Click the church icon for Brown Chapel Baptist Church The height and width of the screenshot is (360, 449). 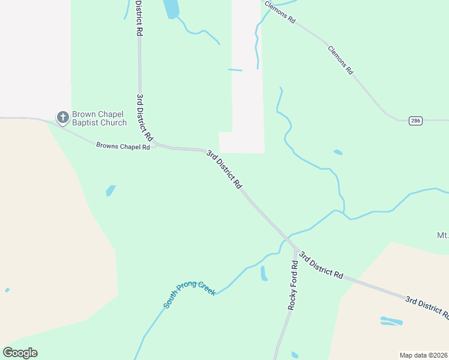[63, 118]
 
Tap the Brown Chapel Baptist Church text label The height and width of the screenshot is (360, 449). [99, 118]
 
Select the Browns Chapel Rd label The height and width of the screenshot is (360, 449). [123, 146]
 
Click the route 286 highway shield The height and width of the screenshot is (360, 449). [415, 121]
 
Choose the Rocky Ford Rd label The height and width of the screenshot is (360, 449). [293, 285]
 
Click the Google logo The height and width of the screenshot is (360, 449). [20, 353]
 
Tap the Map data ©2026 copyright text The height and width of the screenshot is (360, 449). [423, 355]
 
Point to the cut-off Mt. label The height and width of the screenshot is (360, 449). [443, 234]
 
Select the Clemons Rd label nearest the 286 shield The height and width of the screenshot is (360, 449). [340, 59]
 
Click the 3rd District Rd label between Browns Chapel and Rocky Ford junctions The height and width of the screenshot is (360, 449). [224, 170]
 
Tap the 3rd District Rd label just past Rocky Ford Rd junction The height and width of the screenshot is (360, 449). [321, 265]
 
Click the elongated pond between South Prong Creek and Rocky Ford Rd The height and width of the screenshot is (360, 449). [264, 274]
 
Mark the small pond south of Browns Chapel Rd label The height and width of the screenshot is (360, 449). [110, 191]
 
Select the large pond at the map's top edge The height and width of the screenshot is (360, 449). [171, 8]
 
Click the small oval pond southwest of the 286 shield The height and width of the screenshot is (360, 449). [338, 152]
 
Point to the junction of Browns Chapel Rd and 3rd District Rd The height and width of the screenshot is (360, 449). [155, 145]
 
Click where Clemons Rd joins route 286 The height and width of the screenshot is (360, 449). [399, 120]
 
